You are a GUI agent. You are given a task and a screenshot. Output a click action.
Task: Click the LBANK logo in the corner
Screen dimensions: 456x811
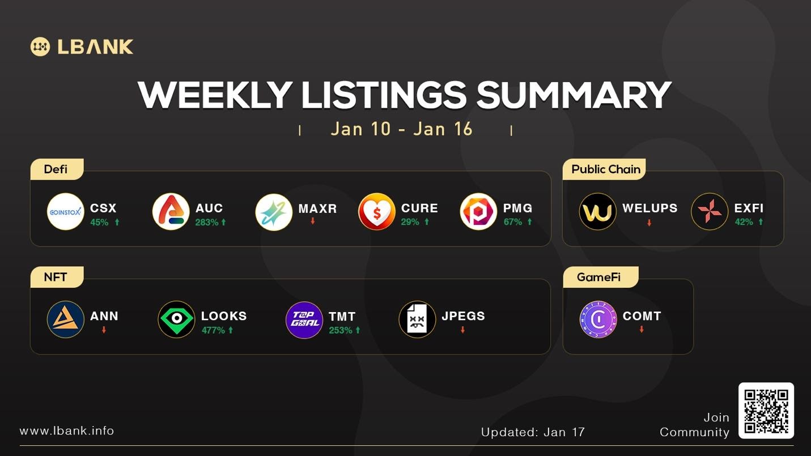[82, 46]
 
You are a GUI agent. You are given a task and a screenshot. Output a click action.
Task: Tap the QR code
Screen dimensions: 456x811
[766, 411]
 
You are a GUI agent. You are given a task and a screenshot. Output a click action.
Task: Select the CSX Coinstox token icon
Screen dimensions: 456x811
[65, 212]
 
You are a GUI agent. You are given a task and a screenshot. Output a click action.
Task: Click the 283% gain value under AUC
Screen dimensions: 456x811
[207, 222]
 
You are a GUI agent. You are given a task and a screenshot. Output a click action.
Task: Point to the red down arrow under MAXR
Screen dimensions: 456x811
[312, 221]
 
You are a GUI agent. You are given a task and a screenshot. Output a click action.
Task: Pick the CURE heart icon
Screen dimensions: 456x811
[376, 212]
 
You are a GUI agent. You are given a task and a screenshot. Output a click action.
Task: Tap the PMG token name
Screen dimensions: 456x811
[517, 208]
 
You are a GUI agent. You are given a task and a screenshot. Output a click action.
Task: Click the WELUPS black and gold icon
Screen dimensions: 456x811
[597, 212]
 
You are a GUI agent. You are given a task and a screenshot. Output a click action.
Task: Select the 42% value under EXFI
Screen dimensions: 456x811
[744, 222]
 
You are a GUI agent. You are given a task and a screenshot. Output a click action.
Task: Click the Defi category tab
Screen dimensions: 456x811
[56, 169]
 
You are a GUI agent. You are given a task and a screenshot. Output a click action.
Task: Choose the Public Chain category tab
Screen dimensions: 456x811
[605, 169]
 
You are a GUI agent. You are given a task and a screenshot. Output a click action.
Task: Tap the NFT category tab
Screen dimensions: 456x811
[56, 277]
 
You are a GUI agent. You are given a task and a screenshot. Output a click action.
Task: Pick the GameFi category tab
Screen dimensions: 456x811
[598, 277]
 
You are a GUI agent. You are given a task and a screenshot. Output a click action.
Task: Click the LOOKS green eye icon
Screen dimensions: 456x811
[176, 319]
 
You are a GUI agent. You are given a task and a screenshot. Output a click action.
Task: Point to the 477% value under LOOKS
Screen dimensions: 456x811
[214, 330]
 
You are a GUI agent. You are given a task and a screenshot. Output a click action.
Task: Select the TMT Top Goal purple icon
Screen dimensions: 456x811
[304, 319]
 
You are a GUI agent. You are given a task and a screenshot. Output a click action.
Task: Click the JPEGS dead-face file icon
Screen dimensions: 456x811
[417, 319]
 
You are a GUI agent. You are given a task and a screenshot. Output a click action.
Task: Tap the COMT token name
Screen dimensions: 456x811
[642, 316]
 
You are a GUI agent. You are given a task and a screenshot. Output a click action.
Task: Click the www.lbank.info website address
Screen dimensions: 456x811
[67, 431]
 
